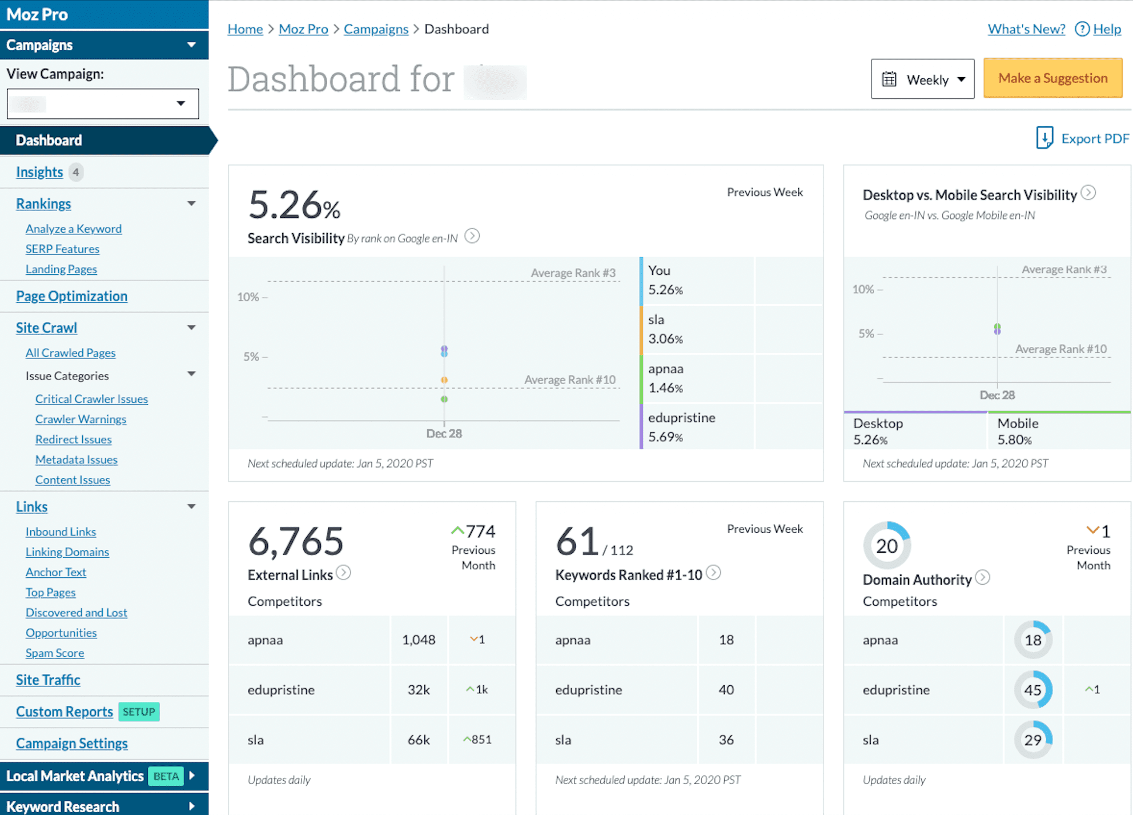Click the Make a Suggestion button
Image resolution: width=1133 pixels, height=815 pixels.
[1052, 78]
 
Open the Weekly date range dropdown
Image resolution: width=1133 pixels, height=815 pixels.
[922, 79]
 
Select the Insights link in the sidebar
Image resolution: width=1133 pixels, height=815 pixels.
[39, 172]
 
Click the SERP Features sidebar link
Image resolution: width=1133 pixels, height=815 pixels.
[62, 249]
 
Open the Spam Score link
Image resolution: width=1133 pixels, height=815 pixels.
[55, 653]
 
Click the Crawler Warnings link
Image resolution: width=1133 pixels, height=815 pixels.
[81, 420]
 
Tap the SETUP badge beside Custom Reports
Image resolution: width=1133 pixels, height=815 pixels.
[139, 712]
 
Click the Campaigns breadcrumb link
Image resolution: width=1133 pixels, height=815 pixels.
[376, 29]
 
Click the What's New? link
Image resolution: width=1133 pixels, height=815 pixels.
[1026, 29]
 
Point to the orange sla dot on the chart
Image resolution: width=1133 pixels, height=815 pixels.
[444, 380]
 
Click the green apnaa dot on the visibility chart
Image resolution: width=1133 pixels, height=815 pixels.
[444, 399]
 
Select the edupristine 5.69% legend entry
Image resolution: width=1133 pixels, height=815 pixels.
[681, 427]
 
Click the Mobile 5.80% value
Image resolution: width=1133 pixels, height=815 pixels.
[1014, 440]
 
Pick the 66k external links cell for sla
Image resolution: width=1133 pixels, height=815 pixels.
[419, 740]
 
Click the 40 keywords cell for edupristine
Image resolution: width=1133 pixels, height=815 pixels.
[726, 690]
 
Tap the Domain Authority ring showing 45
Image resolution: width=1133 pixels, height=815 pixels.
[1032, 690]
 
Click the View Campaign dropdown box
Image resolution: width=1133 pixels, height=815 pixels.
[103, 104]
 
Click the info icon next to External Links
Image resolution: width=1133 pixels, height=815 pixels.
[343, 573]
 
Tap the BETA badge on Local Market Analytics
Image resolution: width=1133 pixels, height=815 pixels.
[166, 776]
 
